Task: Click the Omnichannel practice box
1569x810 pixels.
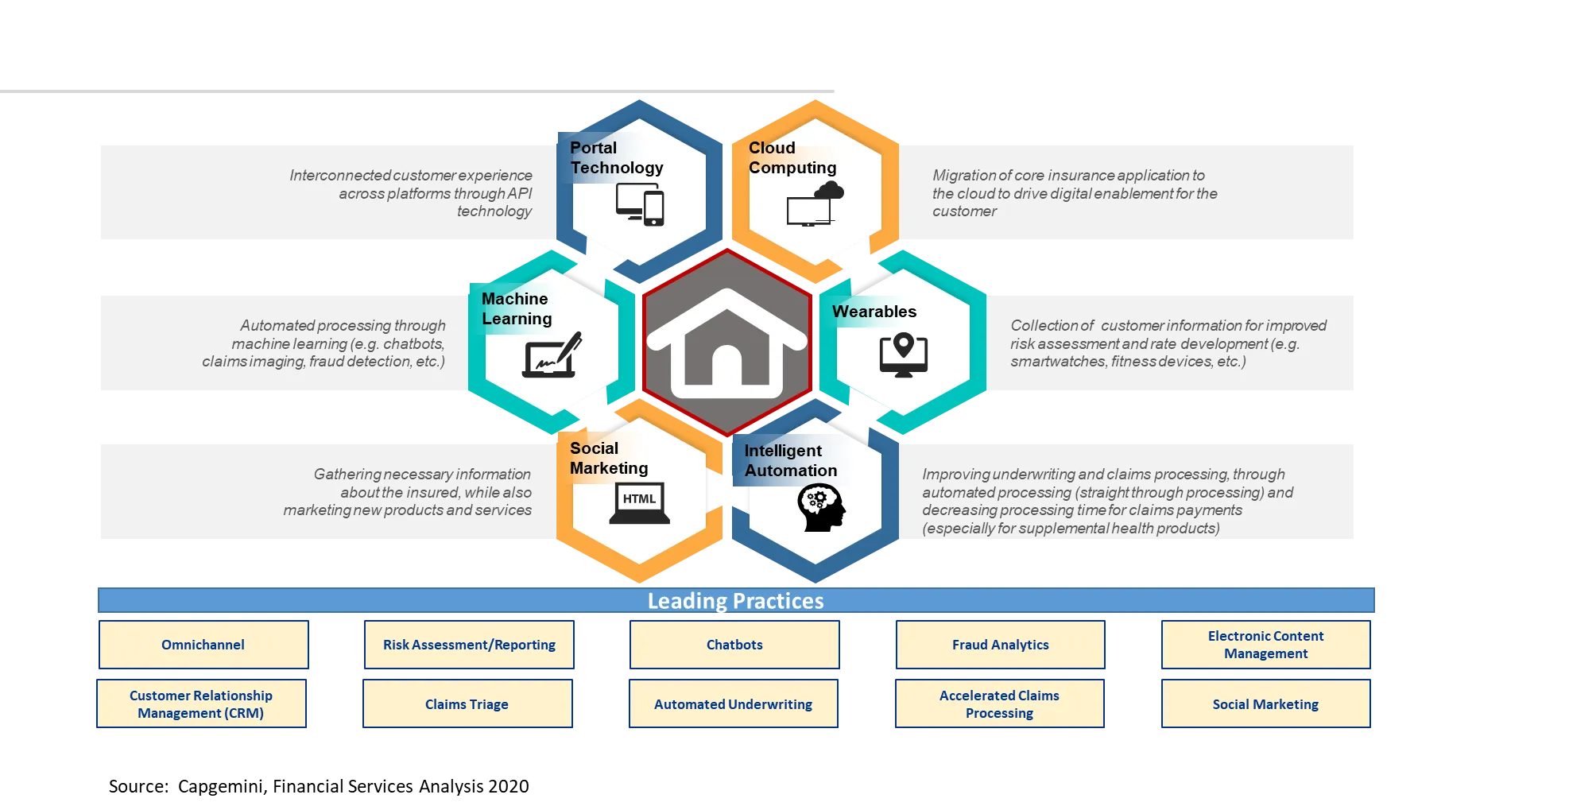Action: pos(203,645)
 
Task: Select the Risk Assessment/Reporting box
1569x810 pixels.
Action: pos(469,645)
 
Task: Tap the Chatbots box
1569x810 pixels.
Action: pos(734,645)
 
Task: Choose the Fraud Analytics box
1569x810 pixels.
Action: pos(1001,645)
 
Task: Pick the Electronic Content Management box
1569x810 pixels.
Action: pos(1266,645)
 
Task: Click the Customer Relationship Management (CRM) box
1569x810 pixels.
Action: pos(201,703)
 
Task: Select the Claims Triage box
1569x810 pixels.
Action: pos(467,703)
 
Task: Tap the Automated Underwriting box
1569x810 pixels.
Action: pos(734,703)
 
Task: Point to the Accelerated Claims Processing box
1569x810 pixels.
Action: pos(1000,703)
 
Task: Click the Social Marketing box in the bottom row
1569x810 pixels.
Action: pos(1266,703)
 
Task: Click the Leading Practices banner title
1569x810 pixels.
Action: pos(736,601)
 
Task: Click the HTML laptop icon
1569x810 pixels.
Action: pos(640,503)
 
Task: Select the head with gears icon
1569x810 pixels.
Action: pos(821,508)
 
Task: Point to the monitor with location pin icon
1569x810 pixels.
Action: pos(904,355)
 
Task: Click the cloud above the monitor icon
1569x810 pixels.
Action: pos(830,190)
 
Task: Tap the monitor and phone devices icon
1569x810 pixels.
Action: pos(641,205)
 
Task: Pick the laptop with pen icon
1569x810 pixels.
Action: pos(552,355)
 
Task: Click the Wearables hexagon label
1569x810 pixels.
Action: pos(874,312)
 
